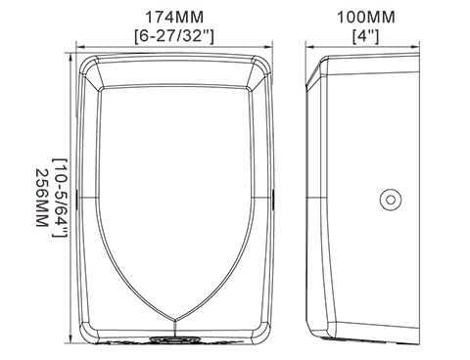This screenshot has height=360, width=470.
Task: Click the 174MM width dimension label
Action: click(x=174, y=18)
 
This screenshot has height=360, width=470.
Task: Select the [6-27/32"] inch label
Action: click(x=174, y=36)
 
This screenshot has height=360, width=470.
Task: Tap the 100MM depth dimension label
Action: click(x=365, y=18)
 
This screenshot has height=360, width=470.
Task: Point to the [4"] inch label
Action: click(x=365, y=36)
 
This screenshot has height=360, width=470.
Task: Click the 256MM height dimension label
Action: click(x=42, y=198)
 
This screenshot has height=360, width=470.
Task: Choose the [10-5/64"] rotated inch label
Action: click(x=60, y=198)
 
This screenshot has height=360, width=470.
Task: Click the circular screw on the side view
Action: click(x=391, y=200)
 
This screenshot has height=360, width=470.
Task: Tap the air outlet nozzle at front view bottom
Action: click(x=174, y=339)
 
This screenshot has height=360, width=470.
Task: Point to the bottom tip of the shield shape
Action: click(x=175, y=319)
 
